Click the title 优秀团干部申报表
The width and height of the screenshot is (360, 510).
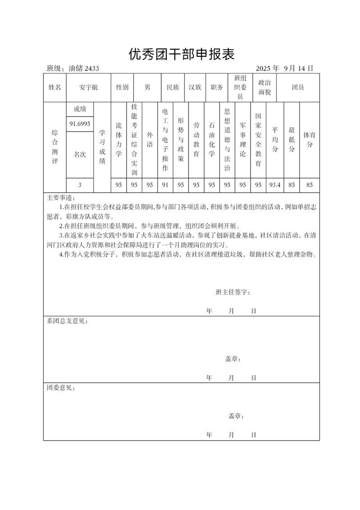182,55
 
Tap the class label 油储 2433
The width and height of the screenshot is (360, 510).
83,69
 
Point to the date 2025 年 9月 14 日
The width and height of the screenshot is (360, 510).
284,69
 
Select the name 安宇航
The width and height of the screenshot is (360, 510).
88,87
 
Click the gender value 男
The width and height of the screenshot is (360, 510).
147,87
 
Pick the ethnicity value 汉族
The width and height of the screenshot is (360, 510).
195,87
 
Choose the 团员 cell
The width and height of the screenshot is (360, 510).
298,87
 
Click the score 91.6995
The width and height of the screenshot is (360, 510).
80,124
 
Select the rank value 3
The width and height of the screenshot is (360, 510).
80,185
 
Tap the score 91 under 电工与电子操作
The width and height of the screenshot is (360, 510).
165,185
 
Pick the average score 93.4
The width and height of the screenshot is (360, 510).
275,185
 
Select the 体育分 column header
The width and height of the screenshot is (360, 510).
309,140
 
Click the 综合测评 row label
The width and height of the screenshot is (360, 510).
55,147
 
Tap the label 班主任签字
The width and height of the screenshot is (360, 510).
233,292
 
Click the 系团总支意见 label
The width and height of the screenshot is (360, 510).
67,322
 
